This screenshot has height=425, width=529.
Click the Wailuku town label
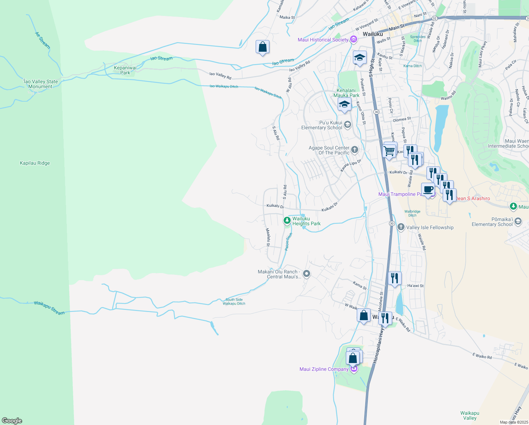point(373,34)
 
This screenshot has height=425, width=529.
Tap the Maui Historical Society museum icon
point(353,40)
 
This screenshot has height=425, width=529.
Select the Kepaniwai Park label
point(125,70)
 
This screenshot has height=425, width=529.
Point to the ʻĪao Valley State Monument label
point(40,84)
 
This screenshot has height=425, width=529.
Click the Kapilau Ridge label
point(35,163)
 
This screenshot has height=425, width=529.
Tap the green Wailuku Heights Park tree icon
point(287,221)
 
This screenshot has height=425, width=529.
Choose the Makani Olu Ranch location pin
point(307,274)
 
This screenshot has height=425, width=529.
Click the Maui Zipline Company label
point(324,369)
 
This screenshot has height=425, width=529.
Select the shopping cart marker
point(389,151)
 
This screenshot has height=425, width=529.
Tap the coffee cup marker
point(428,189)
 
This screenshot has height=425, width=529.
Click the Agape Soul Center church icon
point(355,150)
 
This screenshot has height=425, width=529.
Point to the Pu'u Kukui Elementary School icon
point(348,124)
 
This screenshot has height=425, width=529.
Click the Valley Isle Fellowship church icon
point(401,227)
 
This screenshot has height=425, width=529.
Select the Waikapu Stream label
point(49,308)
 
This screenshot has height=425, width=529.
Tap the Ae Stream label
point(42,40)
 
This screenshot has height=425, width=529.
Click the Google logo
point(12,421)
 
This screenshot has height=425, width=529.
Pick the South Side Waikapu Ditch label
point(234,302)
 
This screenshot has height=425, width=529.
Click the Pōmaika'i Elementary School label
point(492,222)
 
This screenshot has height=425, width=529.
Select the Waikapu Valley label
point(470,415)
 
